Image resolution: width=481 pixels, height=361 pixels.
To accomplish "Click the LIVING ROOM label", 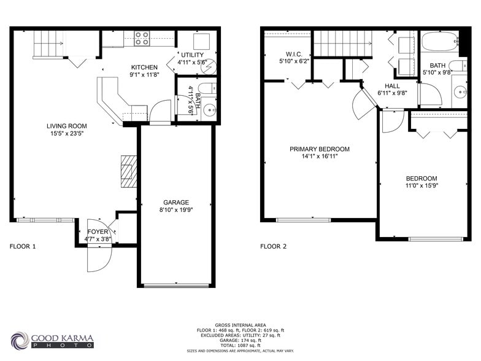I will (65, 126).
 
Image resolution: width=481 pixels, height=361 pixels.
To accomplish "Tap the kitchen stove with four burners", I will (142, 38).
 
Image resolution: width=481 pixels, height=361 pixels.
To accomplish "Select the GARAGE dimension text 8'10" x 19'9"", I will (176, 211).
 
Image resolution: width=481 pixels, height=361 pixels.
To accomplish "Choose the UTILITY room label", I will (191, 55).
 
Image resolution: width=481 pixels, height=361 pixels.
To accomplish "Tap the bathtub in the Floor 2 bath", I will (439, 42).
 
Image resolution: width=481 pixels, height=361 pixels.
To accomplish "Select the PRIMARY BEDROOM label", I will (320, 149).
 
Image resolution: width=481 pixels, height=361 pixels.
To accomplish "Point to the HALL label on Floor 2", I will (392, 86).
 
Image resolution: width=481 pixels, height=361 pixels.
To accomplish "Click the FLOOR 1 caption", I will (23, 246).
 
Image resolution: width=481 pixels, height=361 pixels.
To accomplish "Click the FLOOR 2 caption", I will (273, 246).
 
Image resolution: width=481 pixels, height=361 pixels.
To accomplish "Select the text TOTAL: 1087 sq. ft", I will (240, 345).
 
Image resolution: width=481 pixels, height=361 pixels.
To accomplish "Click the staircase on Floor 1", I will (48, 44).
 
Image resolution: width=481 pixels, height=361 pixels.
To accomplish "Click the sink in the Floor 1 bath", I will (209, 110).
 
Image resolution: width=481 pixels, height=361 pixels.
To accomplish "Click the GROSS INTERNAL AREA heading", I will (240, 325).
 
